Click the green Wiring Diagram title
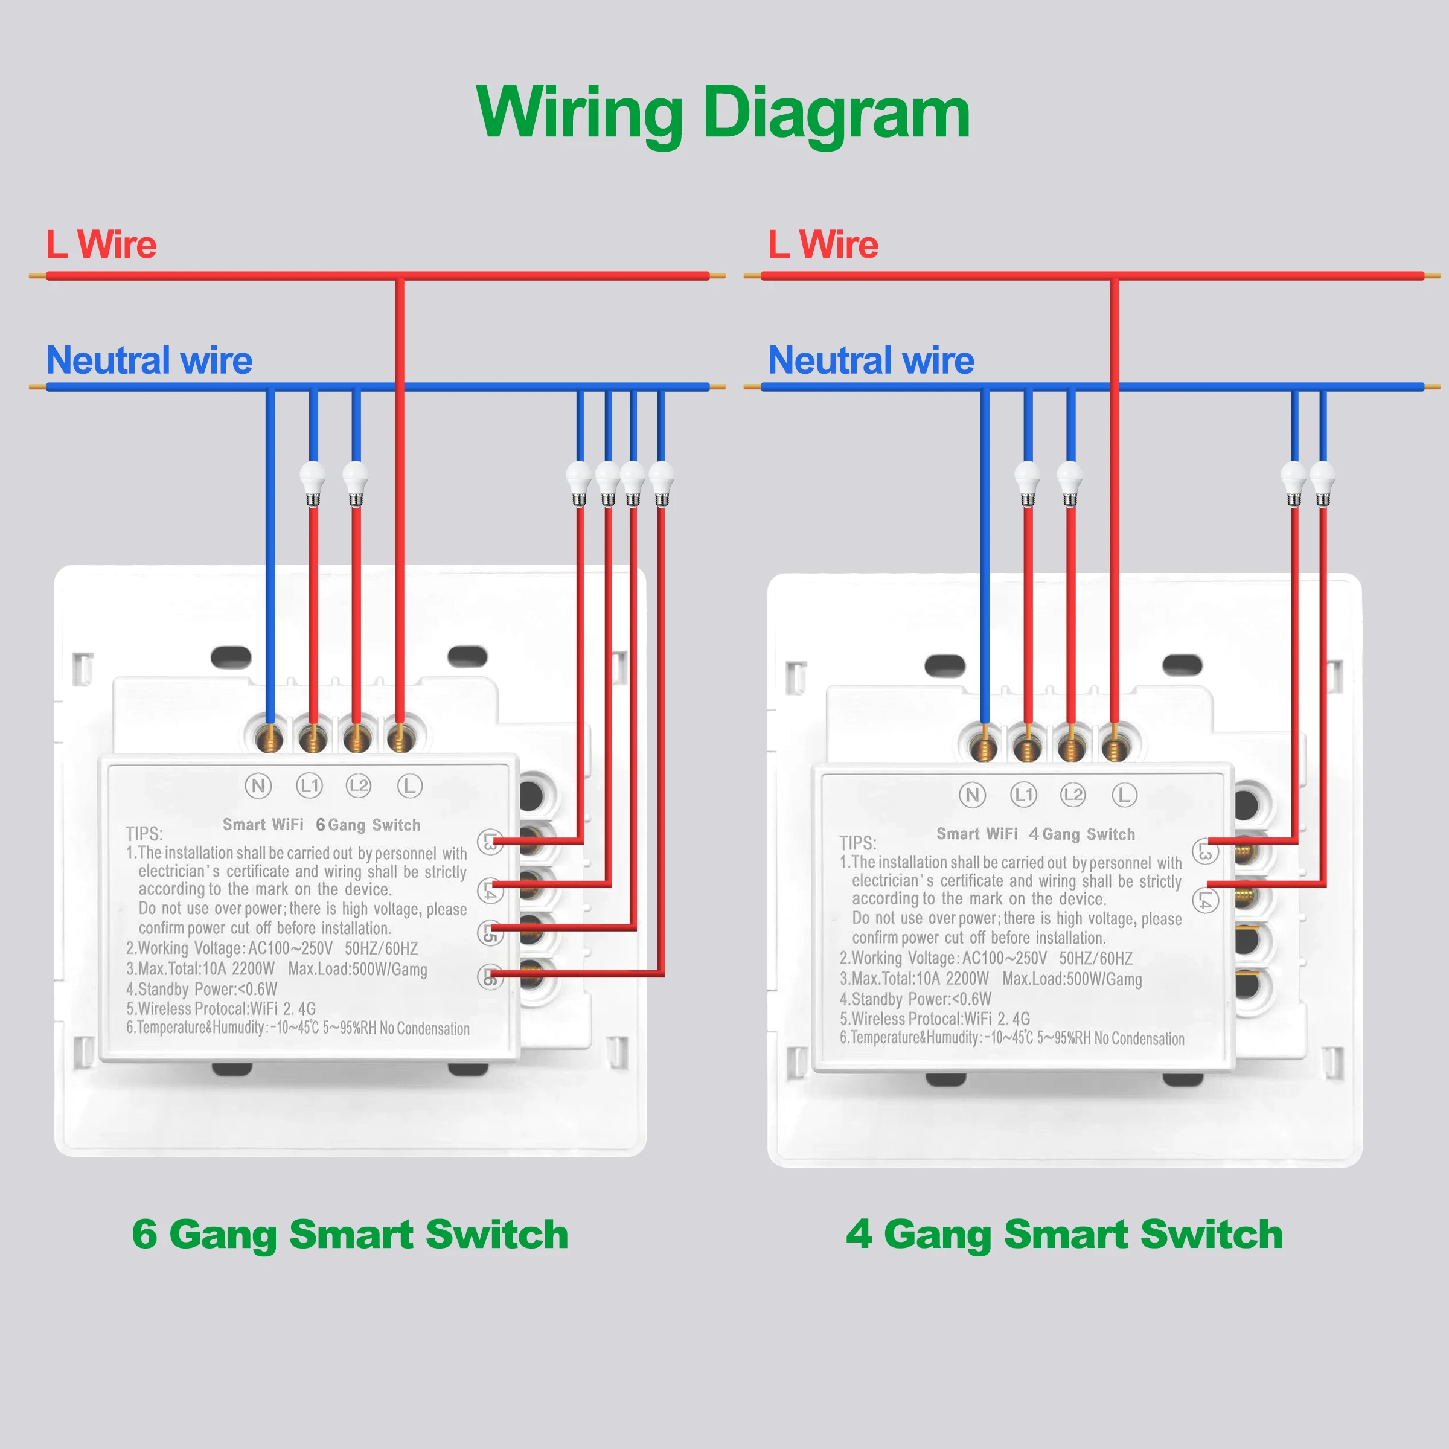(723, 114)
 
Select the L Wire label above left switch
(101, 245)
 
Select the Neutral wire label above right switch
(871, 361)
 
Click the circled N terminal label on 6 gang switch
(258, 786)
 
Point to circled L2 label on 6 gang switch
(359, 785)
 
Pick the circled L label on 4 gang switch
(1124, 795)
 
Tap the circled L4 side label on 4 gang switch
(1205, 900)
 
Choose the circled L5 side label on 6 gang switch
(490, 933)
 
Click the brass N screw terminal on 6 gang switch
(269, 740)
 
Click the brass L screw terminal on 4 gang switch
(1115, 748)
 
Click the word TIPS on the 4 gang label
(857, 843)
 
